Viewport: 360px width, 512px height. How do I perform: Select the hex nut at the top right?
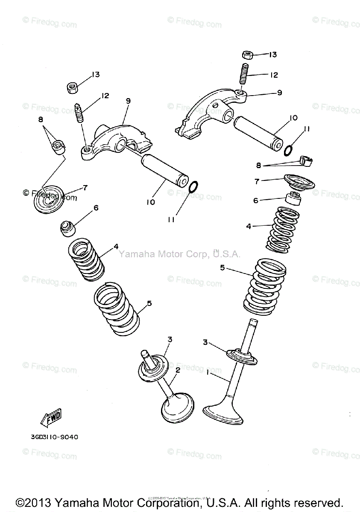(247, 55)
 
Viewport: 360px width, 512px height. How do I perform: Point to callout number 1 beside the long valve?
(208, 372)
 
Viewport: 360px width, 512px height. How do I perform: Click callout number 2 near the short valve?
(178, 370)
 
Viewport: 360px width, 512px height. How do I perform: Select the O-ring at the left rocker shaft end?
(193, 186)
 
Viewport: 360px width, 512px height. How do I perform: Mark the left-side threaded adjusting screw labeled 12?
(79, 112)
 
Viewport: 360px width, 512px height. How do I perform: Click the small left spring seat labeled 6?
(67, 228)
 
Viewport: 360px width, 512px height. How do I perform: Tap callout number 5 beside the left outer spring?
(149, 303)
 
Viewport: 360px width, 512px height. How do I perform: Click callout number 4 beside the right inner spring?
(249, 227)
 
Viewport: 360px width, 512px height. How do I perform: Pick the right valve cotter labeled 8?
(305, 161)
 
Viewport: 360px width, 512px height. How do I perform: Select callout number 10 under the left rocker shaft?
(150, 202)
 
